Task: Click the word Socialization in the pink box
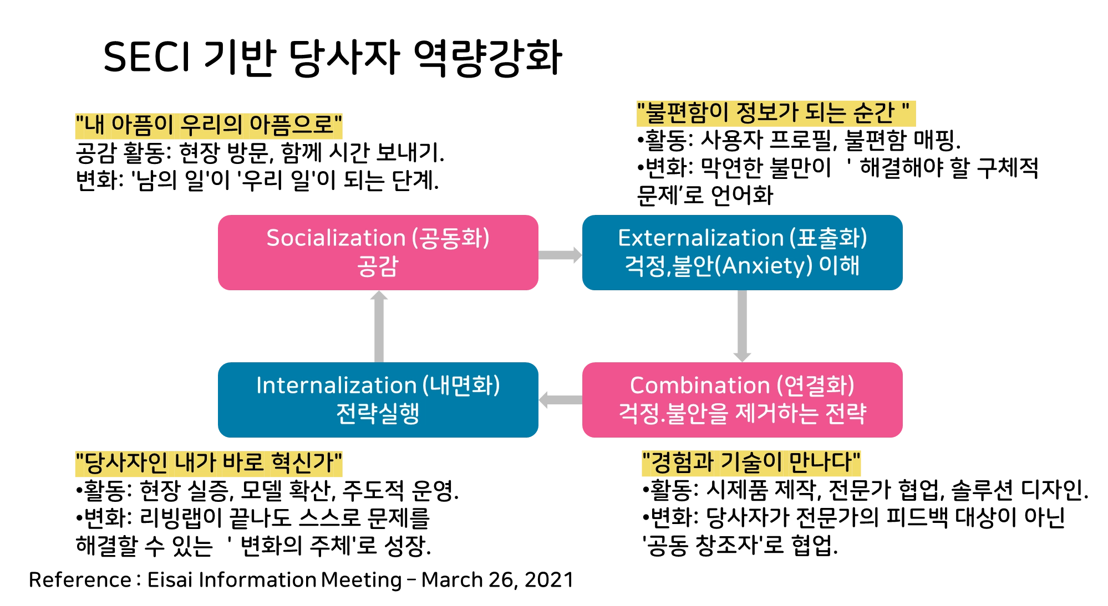click(336, 238)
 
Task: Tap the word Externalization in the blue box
click(700, 238)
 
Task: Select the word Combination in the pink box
click(700, 386)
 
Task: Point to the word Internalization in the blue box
click(336, 386)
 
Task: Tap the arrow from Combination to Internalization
click(560, 400)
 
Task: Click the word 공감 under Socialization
click(378, 266)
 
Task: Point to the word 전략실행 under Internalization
click(378, 413)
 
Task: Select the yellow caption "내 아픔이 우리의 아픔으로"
click(208, 126)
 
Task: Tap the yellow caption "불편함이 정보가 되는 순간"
click(775, 113)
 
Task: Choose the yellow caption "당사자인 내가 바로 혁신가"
click(208, 463)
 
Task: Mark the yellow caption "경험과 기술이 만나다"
click(751, 463)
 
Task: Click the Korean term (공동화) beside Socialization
click(450, 238)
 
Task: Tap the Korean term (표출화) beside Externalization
click(829, 238)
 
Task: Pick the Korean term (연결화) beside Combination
click(815, 386)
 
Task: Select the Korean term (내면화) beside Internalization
click(461, 386)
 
